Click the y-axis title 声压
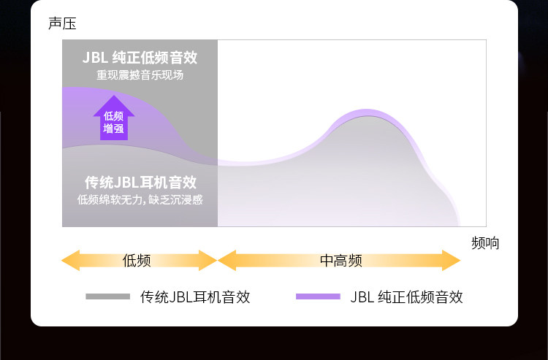coord(62,23)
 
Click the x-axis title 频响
coord(485,243)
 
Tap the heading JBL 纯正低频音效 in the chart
coord(140,57)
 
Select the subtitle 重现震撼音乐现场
coord(140,74)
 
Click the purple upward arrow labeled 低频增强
coord(113,118)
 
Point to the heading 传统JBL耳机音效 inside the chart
coord(140,183)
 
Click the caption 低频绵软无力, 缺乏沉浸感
coord(140,199)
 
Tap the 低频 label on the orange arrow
coord(137,261)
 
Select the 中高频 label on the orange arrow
coord(340,261)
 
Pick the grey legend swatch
coord(107,296)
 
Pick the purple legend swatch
coord(318,296)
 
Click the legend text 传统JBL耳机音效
coord(195,297)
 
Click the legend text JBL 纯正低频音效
coord(406,297)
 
